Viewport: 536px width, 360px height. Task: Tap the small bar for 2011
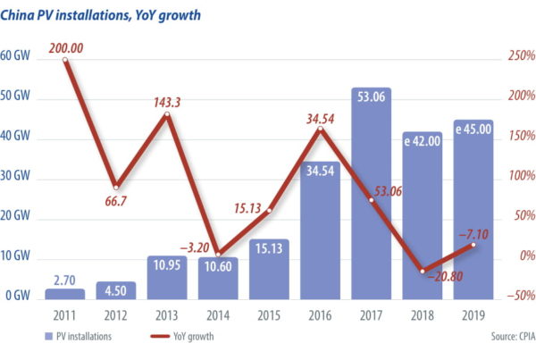click(x=64, y=293)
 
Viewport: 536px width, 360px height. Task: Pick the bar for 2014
click(x=217, y=277)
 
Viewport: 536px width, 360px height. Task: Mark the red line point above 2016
click(x=321, y=130)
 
